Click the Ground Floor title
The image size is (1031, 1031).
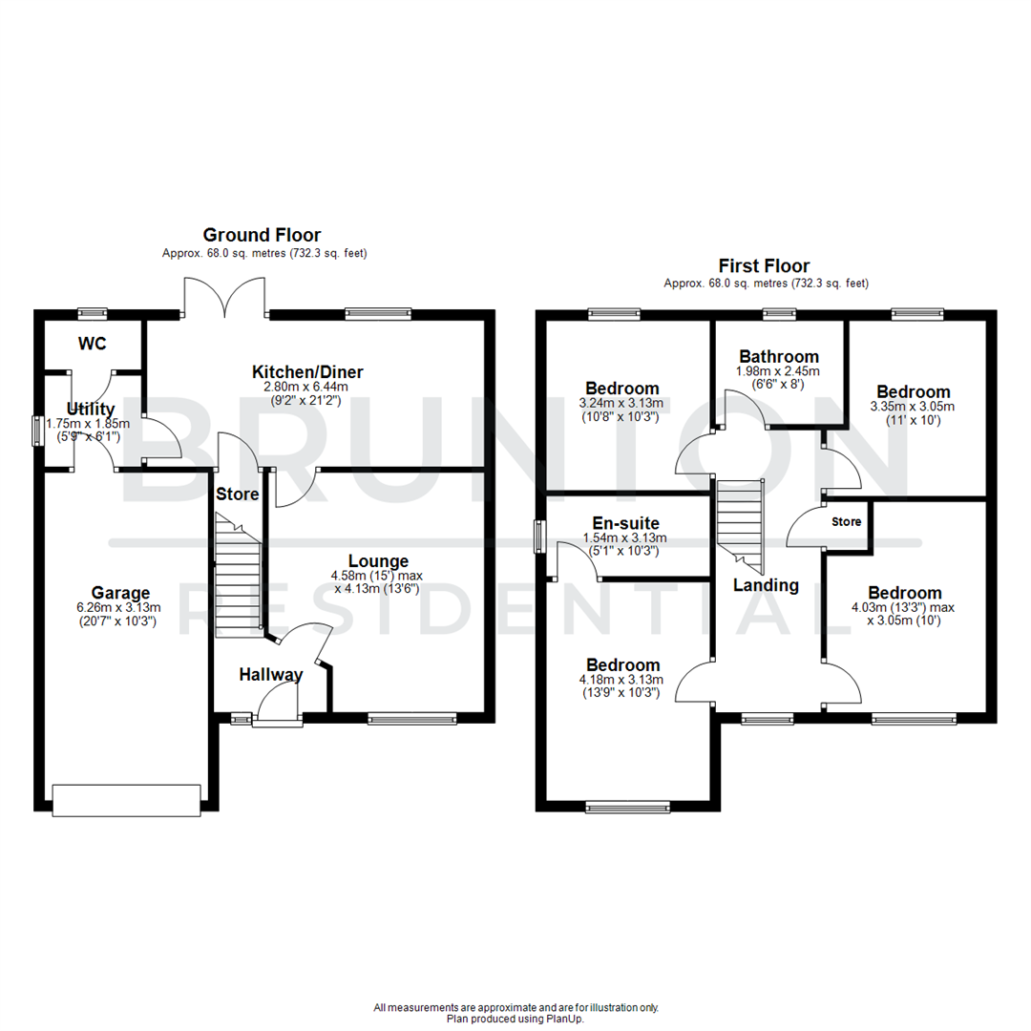pos(261,235)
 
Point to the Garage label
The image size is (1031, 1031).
pos(119,591)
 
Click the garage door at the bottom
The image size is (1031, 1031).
pos(126,799)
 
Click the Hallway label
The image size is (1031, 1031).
pos(270,675)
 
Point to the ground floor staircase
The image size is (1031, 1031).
pos(238,578)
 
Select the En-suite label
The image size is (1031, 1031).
pos(625,523)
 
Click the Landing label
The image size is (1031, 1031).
pos(766,585)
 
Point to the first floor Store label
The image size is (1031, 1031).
pos(846,522)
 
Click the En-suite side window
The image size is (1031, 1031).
pos(540,536)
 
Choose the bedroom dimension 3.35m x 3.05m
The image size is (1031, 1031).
pos(914,407)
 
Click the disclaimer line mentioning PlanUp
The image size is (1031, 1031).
pos(515,1019)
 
